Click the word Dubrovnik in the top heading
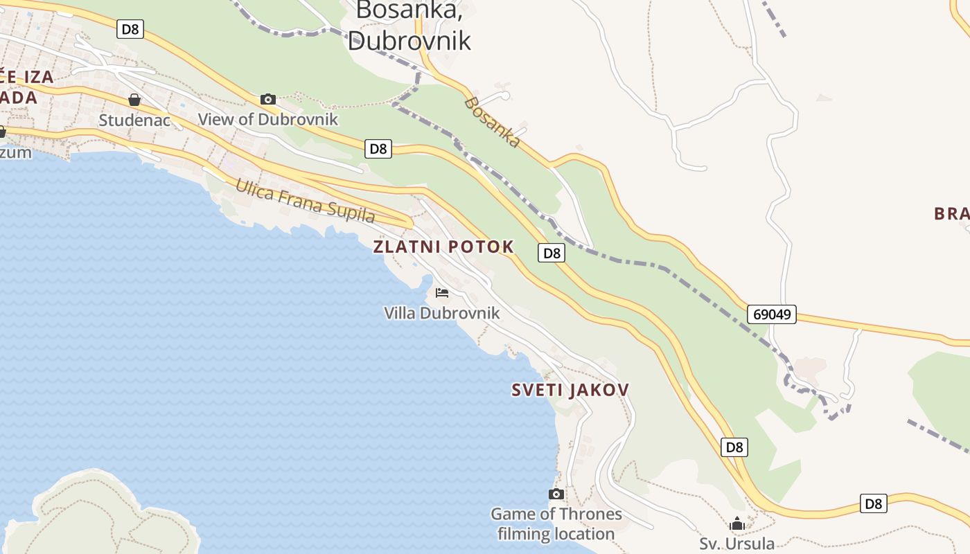(409, 39)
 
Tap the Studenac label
(134, 120)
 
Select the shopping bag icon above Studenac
(134, 100)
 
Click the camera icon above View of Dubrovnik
(268, 100)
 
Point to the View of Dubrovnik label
(268, 119)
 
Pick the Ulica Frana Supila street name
(305, 201)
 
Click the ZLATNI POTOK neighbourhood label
(443, 247)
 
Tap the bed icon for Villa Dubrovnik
(442, 293)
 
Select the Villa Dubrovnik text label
(442, 313)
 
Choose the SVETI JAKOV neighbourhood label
(570, 390)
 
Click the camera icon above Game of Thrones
(556, 494)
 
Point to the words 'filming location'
(556, 534)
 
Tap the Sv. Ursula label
(737, 544)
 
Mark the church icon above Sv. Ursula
(737, 524)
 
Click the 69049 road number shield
(772, 314)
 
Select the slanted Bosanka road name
(492, 122)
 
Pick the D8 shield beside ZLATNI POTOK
(552, 253)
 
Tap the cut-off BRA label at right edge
(951, 213)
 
